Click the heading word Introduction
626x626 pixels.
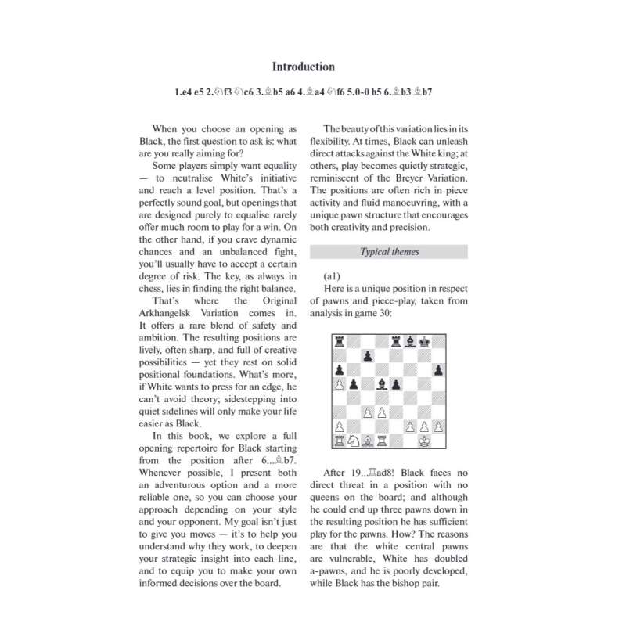[x=303, y=67]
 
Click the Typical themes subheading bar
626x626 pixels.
[x=389, y=252]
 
